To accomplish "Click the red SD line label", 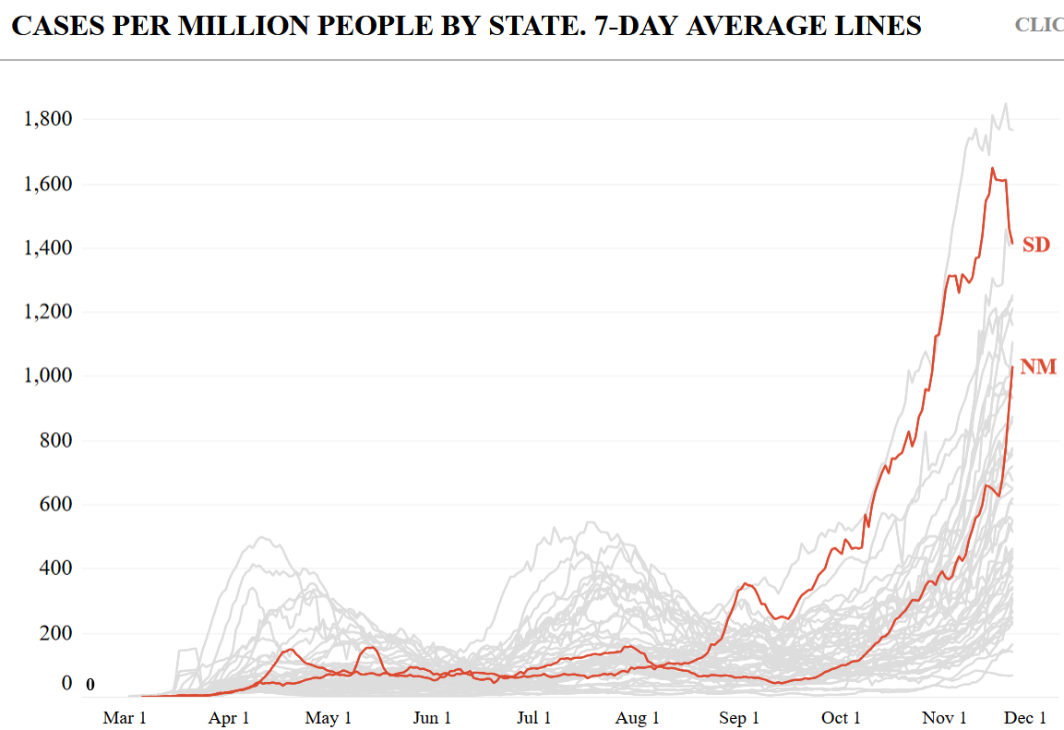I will tap(1035, 245).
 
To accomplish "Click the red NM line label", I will tap(1037, 368).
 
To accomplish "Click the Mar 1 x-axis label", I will tap(125, 718).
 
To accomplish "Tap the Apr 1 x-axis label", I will tap(229, 718).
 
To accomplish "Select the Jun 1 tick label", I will tap(431, 718).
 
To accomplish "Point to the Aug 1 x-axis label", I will tap(637, 718).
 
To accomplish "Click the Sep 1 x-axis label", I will tap(738, 718).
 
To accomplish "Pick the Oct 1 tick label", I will tap(840, 718).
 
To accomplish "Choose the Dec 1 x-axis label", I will tap(1025, 718).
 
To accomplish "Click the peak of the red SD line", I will tap(992, 168).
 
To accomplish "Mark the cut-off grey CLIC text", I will tap(1039, 25).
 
